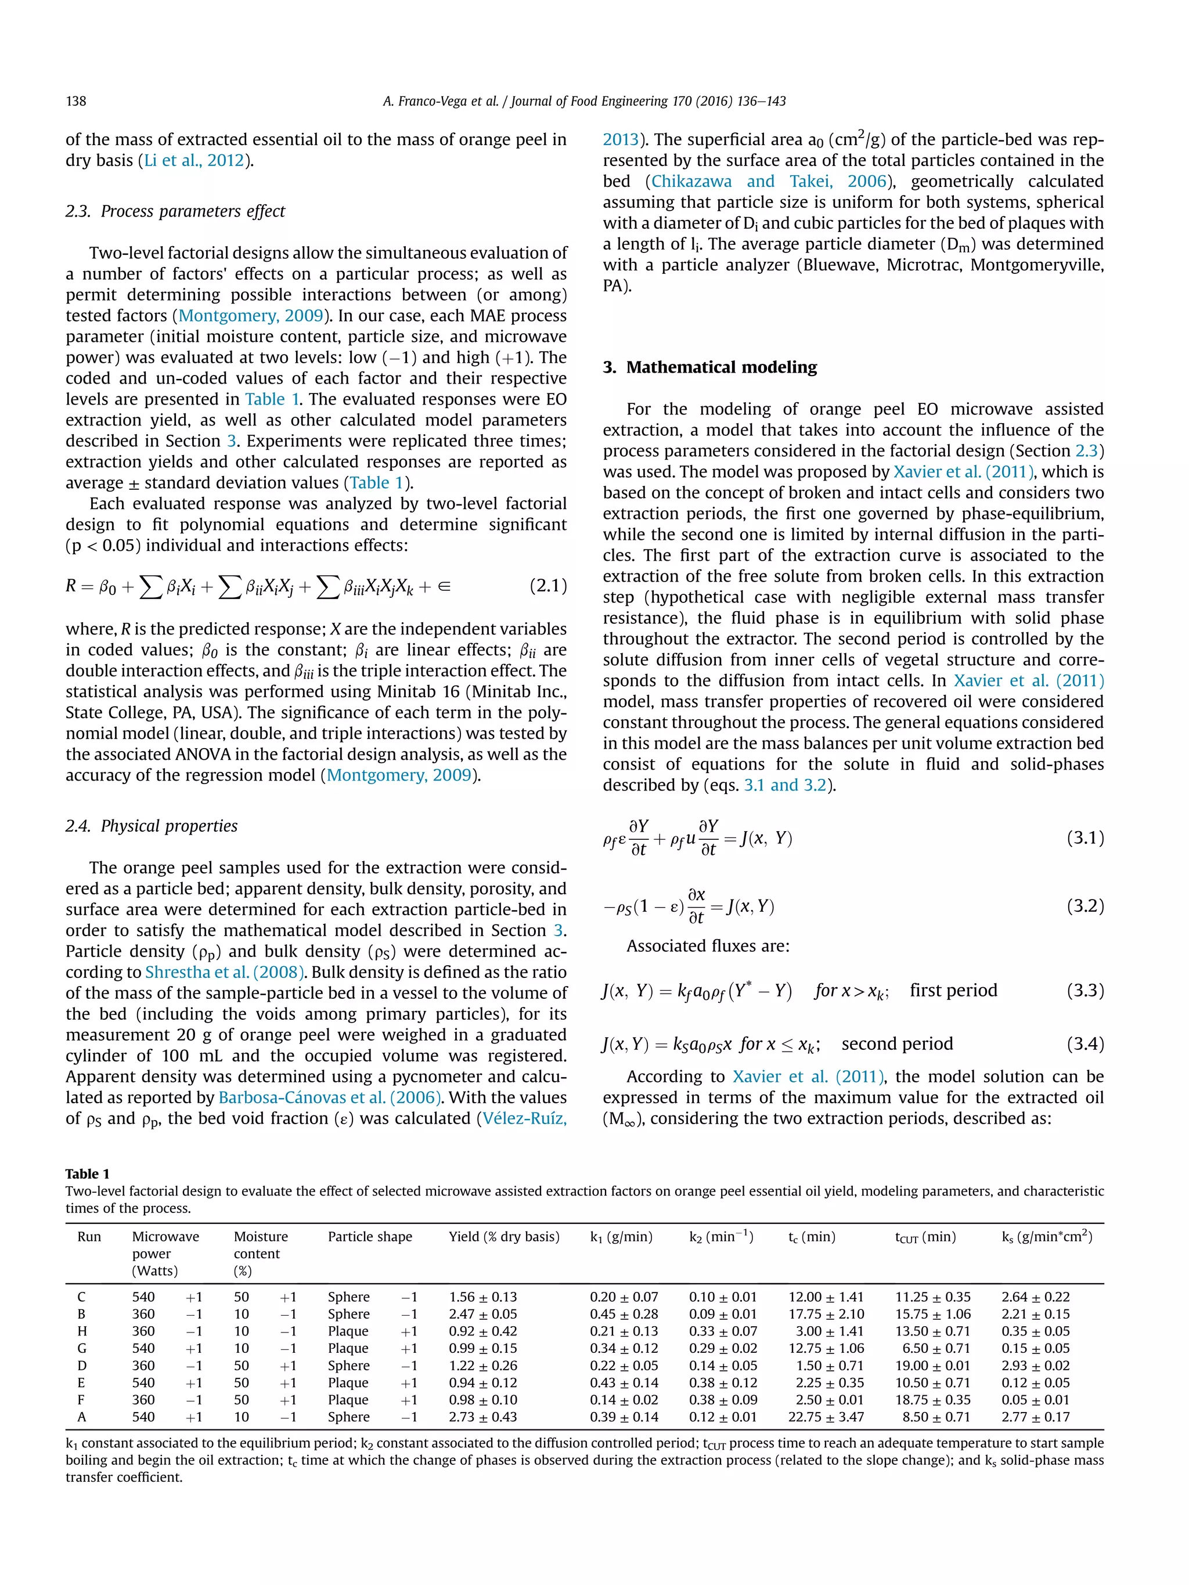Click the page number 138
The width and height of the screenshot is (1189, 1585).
[76, 101]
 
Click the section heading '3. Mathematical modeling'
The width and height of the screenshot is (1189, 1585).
[709, 367]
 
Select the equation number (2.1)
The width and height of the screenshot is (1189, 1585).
[547, 586]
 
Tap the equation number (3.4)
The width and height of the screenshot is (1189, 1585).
[1084, 1044]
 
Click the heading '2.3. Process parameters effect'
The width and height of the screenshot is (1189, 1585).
[175, 211]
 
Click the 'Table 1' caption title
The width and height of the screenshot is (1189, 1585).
[88, 1174]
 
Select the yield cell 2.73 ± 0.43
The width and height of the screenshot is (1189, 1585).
[482, 1417]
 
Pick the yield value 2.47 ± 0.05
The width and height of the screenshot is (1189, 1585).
[482, 1314]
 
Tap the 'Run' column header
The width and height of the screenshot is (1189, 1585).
[89, 1237]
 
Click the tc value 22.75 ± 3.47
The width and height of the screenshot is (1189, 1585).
[826, 1417]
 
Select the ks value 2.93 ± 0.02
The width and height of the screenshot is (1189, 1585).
[1035, 1366]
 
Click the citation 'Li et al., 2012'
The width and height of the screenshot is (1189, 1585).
[195, 161]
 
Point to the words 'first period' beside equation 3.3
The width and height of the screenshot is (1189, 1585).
[953, 990]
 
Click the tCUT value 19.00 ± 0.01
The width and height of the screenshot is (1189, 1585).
[932, 1366]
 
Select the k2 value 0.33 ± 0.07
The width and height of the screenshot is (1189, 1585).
[722, 1331]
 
